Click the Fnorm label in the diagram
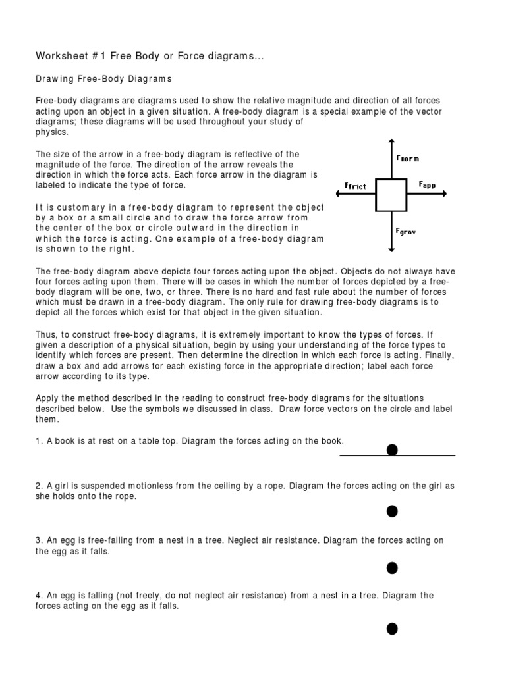[x=407, y=159]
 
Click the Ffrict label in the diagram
[x=355, y=186]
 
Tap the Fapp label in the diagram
[x=427, y=186]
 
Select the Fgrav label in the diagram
[x=406, y=232]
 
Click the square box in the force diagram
[x=391, y=194]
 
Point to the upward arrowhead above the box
[x=392, y=142]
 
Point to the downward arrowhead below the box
[x=392, y=249]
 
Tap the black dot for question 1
[x=392, y=450]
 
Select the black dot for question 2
[x=392, y=511]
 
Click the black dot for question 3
[x=392, y=567]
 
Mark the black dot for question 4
[x=392, y=629]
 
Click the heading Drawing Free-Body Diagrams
[x=103, y=79]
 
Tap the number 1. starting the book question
[x=39, y=440]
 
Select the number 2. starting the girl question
[x=39, y=486]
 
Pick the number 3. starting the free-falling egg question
[x=39, y=540]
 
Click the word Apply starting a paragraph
[x=48, y=398]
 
